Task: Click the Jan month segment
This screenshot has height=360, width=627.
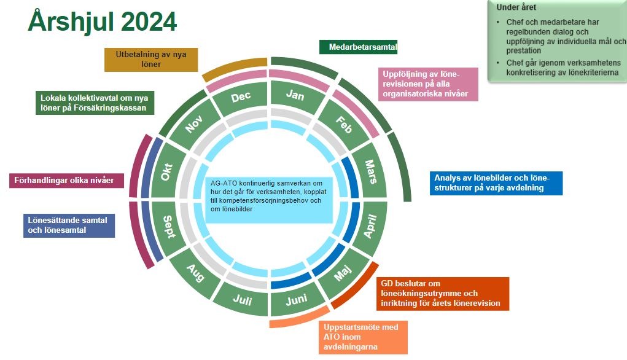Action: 295,95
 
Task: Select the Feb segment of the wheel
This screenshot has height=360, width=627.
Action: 344,124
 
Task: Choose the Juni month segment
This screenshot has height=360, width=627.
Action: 297,299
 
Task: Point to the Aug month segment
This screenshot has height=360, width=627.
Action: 195,273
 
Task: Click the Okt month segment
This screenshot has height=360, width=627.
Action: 166,171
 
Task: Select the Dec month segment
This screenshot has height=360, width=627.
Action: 241,96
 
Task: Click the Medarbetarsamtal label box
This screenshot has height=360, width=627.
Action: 358,47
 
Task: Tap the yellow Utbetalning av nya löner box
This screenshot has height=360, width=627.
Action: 151,60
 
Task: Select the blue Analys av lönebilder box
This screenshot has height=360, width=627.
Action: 496,183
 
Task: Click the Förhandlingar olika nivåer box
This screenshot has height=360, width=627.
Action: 66,181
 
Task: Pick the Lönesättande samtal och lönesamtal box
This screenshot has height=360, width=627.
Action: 69,225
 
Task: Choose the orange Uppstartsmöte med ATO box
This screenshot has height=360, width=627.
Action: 363,337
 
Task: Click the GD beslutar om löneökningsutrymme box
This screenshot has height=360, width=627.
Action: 443,294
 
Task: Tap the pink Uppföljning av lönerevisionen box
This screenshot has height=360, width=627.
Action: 428,84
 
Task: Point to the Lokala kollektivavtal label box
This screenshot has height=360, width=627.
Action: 95,103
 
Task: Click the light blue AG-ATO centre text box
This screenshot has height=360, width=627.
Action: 269,200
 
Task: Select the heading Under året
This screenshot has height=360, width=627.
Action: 516,7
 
